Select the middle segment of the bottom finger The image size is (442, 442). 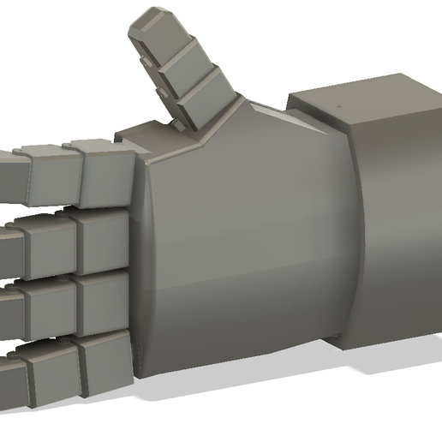pyautogui.click(x=53, y=374)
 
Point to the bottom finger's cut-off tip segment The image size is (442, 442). pyautogui.click(x=10, y=382)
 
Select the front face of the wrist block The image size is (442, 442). pyautogui.click(x=398, y=223)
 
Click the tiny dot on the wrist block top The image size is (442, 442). pyautogui.click(x=341, y=107)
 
